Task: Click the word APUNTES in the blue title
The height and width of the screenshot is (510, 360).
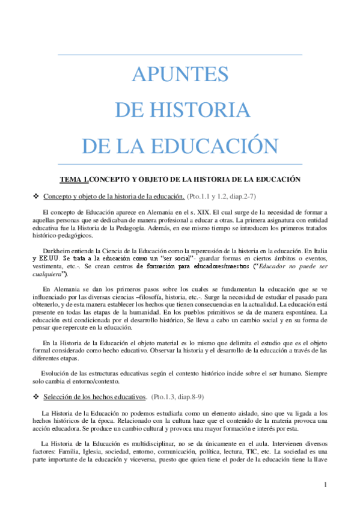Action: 180,75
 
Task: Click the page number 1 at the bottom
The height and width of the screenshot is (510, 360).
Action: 325,485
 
